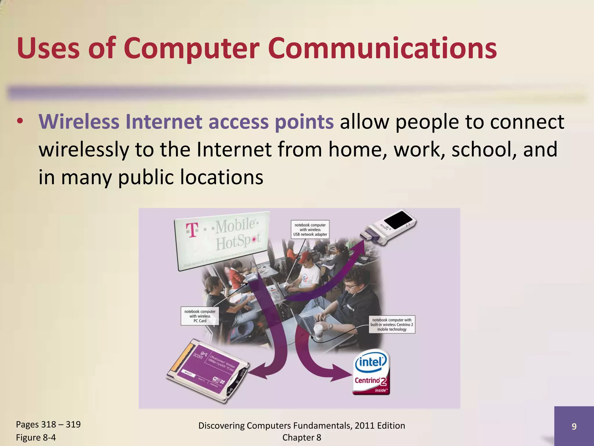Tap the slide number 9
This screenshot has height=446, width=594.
point(574,426)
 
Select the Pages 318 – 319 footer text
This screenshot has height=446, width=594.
point(48,424)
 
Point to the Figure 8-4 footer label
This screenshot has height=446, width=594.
point(36,437)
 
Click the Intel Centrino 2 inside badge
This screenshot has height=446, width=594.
point(371,372)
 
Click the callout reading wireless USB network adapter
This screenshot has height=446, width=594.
point(310,229)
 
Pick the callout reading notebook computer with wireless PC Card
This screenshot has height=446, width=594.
point(200,316)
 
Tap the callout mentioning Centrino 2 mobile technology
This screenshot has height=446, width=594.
point(392,324)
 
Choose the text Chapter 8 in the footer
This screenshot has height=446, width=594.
point(302,437)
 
